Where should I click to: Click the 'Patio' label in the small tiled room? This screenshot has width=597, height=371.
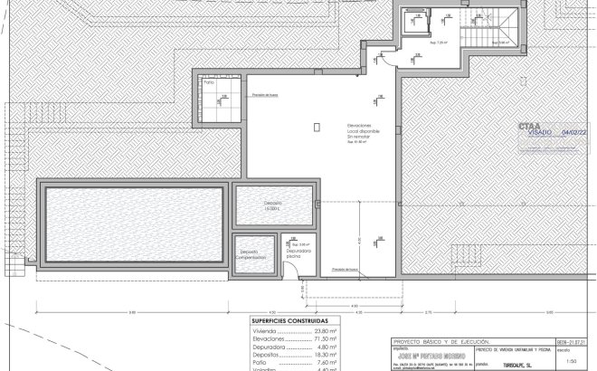point(209,82)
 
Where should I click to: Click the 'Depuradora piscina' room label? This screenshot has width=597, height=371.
point(298,252)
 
